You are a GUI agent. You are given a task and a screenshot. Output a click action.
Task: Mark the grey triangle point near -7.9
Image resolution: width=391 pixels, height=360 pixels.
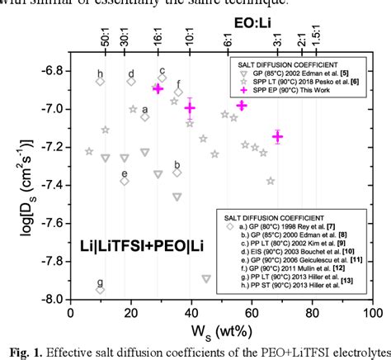click(206, 278)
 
